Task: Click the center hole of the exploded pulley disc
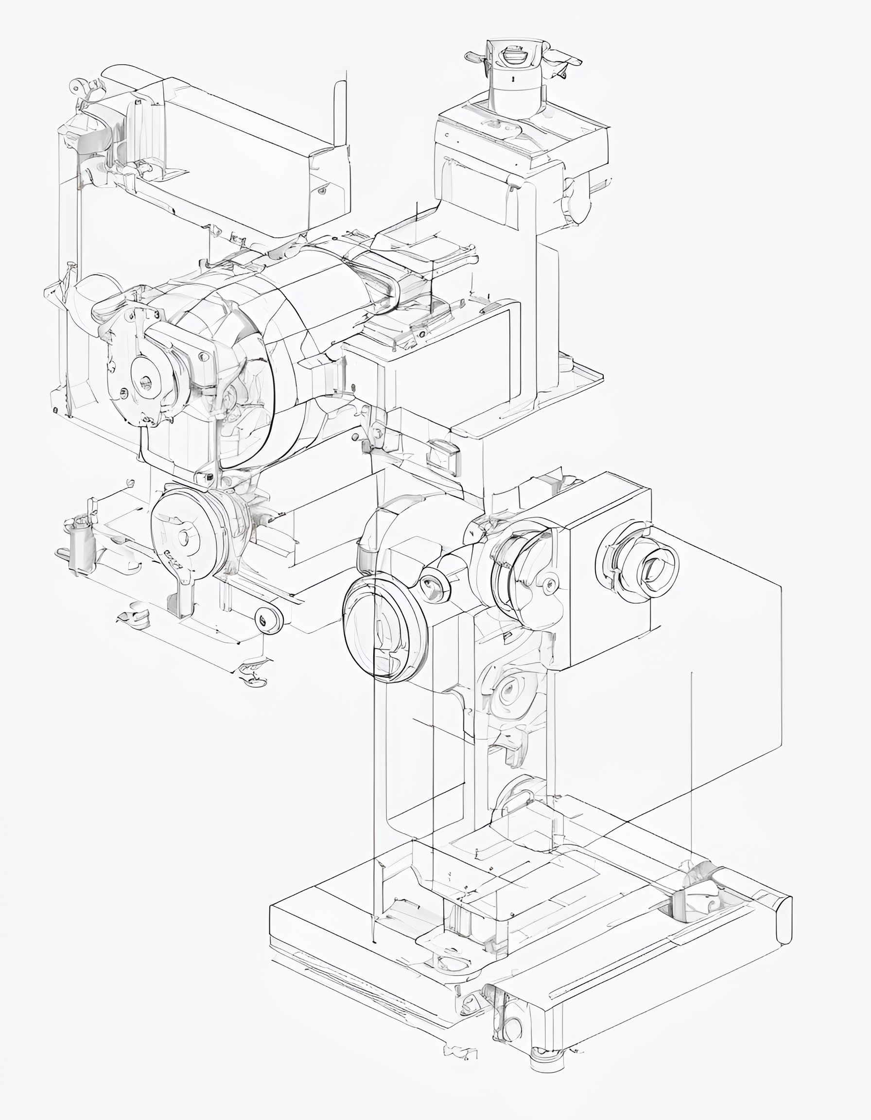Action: coord(183,538)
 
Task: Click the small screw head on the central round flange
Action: coord(549,582)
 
